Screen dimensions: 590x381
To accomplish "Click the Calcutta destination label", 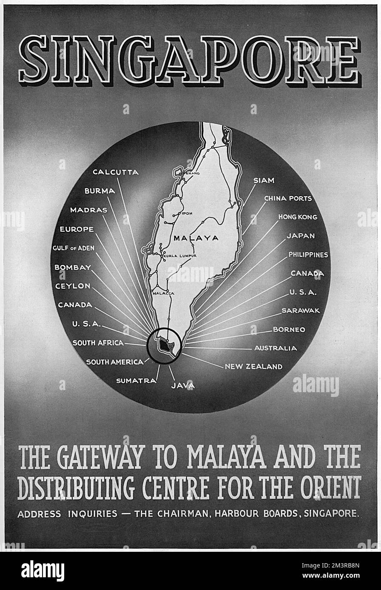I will pyautogui.click(x=116, y=172).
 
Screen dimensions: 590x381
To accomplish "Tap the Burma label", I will pyautogui.click(x=100, y=191).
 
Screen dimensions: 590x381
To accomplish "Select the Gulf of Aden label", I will pyautogui.click(x=73, y=248).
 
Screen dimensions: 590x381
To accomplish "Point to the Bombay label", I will pyautogui.click(x=73, y=267).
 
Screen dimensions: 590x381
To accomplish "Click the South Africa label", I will pyautogui.click(x=98, y=343).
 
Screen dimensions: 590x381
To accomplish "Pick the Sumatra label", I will pyautogui.click(x=136, y=381).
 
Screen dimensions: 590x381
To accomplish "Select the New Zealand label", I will pyautogui.click(x=253, y=366).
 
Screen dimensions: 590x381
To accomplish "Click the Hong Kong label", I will pyautogui.click(x=298, y=217).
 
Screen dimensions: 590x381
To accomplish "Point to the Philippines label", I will pyautogui.click(x=308, y=255).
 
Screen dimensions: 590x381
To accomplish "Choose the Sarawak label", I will pyautogui.click(x=301, y=311).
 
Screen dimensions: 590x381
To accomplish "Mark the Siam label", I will pyautogui.click(x=264, y=180).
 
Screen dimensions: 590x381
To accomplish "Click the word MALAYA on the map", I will pyautogui.click(x=196, y=238).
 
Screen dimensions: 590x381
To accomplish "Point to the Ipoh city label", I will pyautogui.click(x=188, y=214).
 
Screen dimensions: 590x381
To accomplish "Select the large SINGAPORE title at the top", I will pyautogui.click(x=190, y=59).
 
